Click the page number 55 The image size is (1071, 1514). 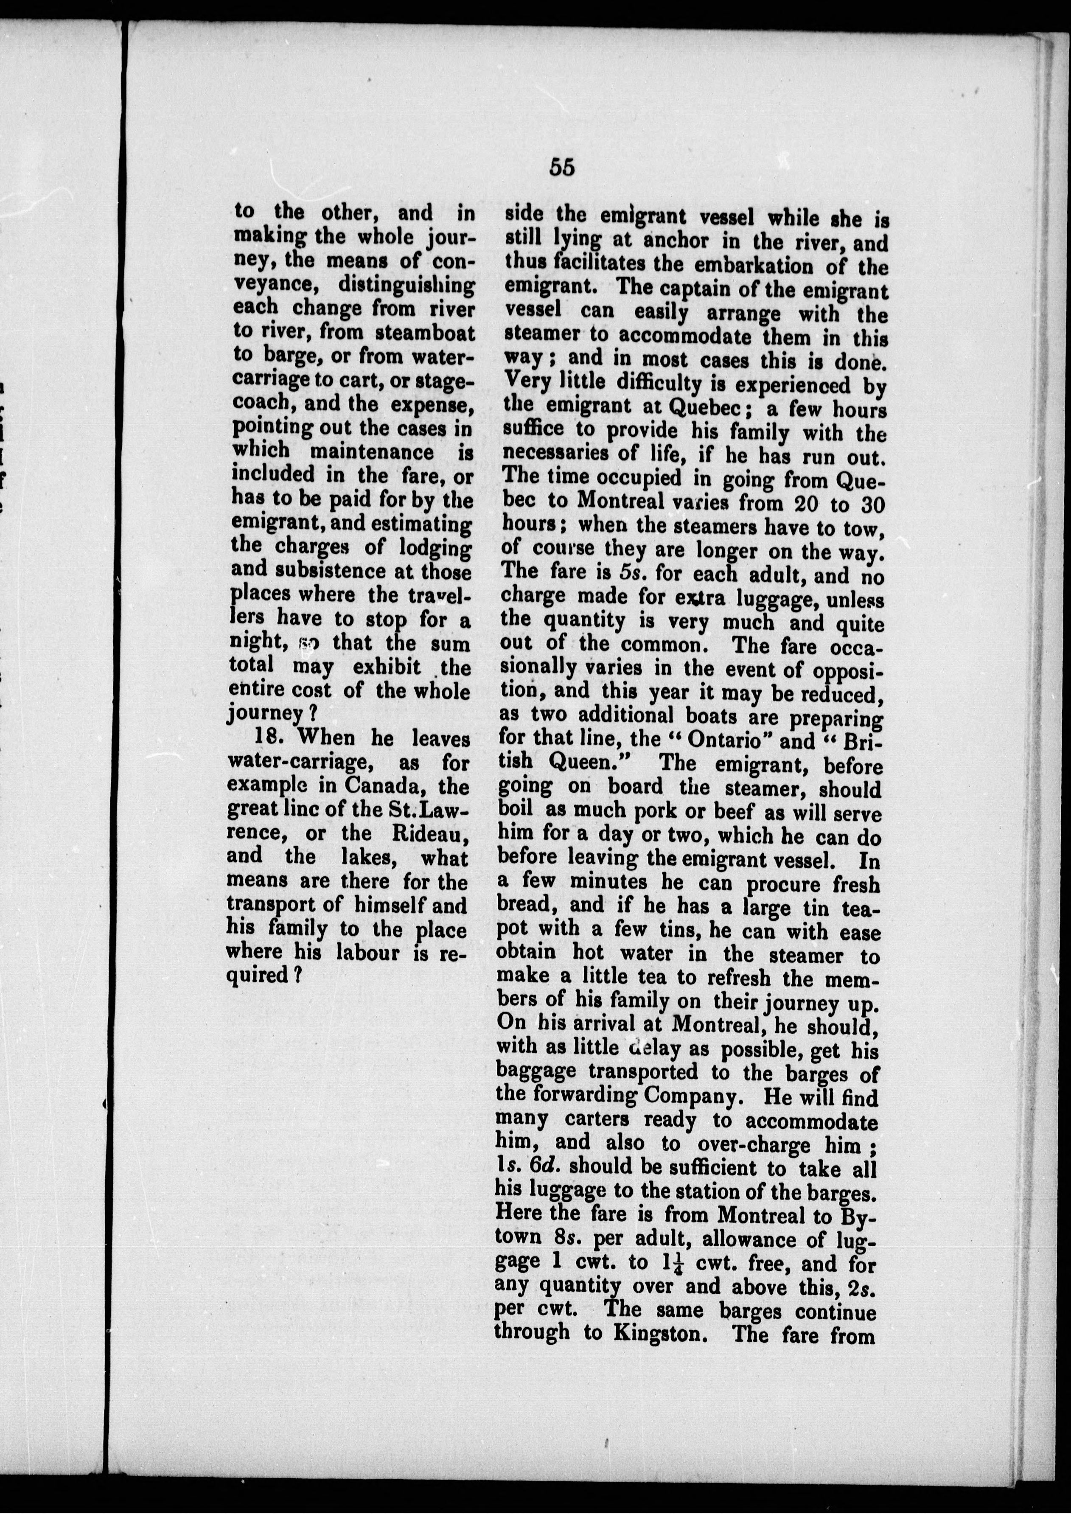561,168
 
